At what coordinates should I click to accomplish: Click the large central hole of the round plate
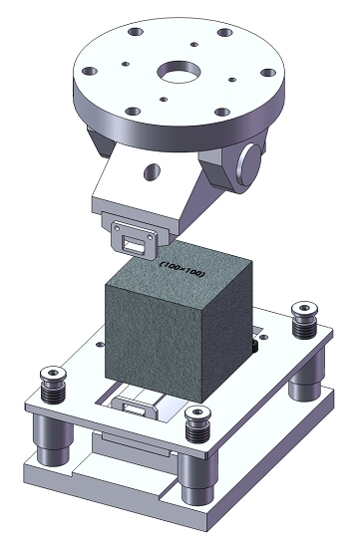coord(179,72)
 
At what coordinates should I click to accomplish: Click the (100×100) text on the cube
coord(181,269)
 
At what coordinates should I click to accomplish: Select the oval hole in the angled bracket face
coord(152,171)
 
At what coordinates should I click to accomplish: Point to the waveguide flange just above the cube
coord(134,240)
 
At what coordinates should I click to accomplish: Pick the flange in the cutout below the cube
coord(134,406)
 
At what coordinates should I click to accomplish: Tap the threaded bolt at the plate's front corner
coord(197,423)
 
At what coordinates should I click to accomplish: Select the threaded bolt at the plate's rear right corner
coord(304,320)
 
